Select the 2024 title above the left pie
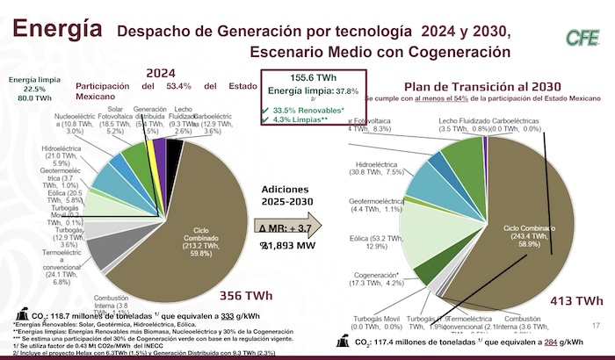(x=163, y=72)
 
